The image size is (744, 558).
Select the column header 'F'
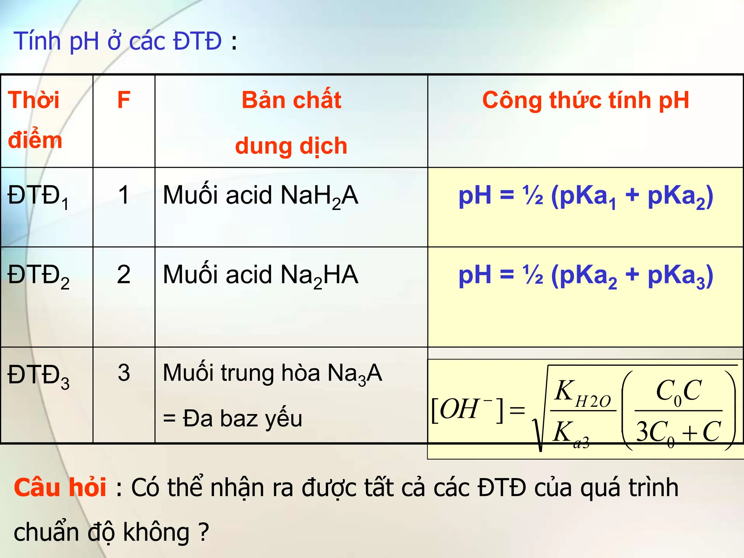124,100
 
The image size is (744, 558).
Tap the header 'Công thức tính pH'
585,100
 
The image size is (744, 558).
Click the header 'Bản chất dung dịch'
291,122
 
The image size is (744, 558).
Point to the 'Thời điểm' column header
35,120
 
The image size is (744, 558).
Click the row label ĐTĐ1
38,197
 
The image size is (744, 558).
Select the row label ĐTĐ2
38,276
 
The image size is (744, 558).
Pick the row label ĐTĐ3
38,376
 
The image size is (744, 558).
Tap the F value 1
124,195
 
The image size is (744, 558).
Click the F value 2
124,275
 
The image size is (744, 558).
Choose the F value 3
124,373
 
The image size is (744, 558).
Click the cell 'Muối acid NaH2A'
260,196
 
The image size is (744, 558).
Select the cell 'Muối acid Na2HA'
260,276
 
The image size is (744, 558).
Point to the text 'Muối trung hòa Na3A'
272,374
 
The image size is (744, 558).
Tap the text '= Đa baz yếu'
232,419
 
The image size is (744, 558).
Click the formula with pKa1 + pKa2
586,197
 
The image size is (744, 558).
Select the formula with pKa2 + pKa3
586,276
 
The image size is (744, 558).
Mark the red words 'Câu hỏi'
60,488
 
